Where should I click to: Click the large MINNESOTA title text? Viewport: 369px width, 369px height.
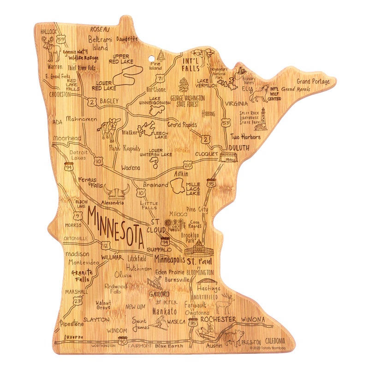(115, 229)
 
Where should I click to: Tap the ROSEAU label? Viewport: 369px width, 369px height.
(102, 29)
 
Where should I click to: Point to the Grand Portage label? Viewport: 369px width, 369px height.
(313, 82)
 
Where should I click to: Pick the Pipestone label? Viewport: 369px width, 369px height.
(72, 324)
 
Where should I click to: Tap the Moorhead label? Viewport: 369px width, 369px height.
(67, 138)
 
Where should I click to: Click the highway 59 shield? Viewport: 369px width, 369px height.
(61, 40)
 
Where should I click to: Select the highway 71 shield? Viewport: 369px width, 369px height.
(160, 79)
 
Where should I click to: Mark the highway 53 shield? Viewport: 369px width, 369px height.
(226, 123)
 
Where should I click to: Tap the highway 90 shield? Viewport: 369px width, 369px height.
(122, 341)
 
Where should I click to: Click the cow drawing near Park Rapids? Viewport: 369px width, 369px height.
(110, 129)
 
